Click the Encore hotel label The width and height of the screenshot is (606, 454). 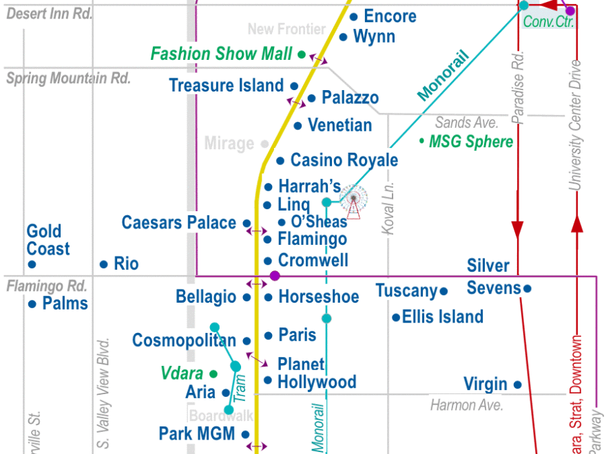(390, 17)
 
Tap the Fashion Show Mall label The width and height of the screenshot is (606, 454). (221, 54)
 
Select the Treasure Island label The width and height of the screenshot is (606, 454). (226, 86)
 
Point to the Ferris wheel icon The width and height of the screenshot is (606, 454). (353, 201)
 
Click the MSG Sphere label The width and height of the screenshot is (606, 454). (471, 142)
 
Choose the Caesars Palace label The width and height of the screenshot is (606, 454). (179, 223)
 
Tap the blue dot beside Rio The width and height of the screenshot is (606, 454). (103, 264)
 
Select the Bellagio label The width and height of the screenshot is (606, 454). (206, 297)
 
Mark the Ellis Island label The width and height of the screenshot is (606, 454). (443, 317)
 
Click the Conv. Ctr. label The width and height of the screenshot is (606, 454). (548, 21)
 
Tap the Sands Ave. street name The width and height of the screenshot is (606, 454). (466, 123)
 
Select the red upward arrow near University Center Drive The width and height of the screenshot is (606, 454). (577, 224)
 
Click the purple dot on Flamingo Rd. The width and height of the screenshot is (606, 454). (275, 276)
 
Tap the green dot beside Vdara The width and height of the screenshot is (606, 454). (213, 374)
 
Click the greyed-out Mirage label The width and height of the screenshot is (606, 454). (229, 144)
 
